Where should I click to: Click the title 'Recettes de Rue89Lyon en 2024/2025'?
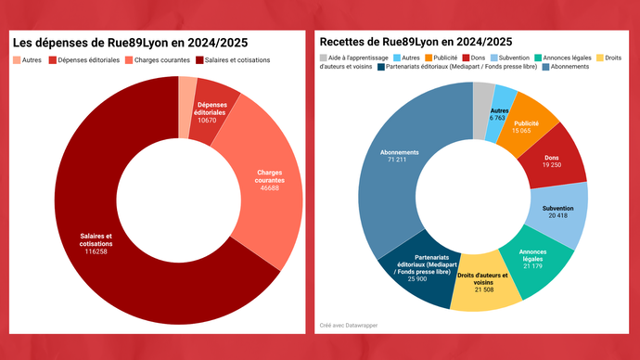[416, 42]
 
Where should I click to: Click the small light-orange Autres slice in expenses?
[186, 85]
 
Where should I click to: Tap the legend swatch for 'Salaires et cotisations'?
[200, 59]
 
